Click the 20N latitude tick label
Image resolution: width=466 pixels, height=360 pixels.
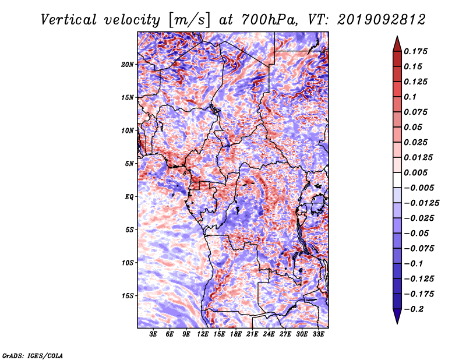pos(128,65)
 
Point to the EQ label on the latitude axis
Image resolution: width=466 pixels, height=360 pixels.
pos(129,197)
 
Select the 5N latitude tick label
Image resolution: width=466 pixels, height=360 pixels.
pos(129,164)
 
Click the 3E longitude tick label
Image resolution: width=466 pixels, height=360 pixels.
pos(153,334)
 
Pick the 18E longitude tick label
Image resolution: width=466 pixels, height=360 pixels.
pos(236,334)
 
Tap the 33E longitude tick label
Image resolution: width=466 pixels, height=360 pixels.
pos(318,334)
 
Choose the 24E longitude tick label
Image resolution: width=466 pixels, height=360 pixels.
pos(269,334)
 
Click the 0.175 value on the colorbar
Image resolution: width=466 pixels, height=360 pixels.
pos(415,51)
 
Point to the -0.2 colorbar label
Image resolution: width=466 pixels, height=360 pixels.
pos(414,309)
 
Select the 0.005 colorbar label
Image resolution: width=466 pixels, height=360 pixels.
pos(415,172)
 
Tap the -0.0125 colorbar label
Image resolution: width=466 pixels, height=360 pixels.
pos(421,203)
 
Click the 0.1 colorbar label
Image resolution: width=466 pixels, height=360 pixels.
pos(410,97)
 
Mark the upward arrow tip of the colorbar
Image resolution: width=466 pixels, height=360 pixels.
pos(397,36)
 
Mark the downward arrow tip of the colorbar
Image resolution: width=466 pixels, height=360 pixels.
pos(397,323)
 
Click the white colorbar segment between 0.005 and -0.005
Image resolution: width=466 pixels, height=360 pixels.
pos(397,180)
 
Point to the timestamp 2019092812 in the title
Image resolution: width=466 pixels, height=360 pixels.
pos(382,20)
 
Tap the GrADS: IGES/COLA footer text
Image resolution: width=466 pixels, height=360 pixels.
pos(33,355)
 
